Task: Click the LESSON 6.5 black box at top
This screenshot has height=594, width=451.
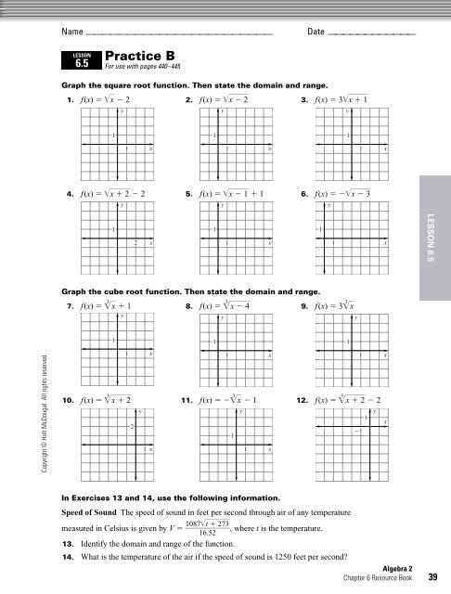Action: click(x=80, y=61)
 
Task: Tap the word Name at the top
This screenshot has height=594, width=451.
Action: click(x=72, y=32)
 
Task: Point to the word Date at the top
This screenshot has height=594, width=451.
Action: click(x=316, y=32)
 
